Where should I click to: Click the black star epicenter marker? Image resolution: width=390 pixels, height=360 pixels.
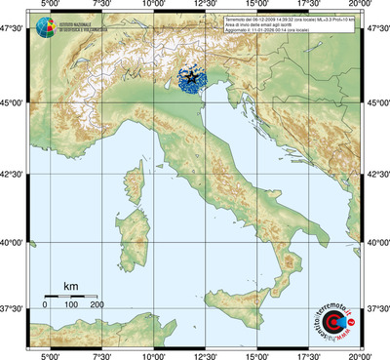coord(191,76)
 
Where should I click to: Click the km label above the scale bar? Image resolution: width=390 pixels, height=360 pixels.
coord(70,286)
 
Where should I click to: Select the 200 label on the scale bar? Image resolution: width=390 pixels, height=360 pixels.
coord(97,306)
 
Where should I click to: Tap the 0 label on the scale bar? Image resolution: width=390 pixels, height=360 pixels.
coord(45,306)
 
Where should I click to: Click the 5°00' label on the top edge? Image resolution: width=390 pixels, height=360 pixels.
coord(50,5)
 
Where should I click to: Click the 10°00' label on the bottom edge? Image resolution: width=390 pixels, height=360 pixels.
coord(153,355)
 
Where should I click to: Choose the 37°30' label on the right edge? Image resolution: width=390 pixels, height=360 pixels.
coord(376,308)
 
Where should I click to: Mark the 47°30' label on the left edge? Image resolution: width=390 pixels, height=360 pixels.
coord(13,29)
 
